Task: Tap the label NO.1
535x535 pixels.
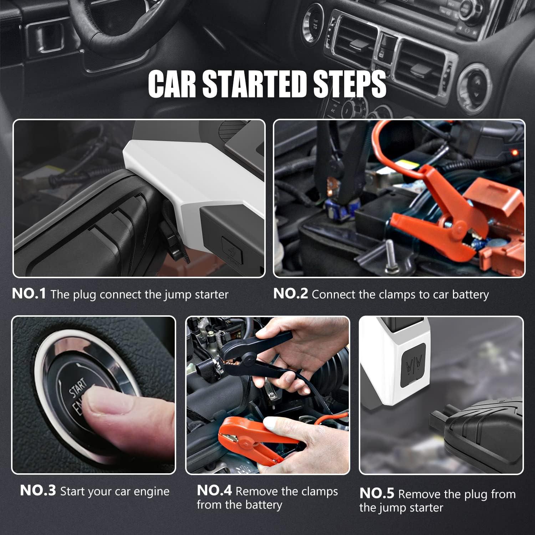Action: pyautogui.click(x=29, y=294)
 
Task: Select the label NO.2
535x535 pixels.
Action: pyautogui.click(x=290, y=294)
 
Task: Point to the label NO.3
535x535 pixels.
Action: pyautogui.click(x=38, y=491)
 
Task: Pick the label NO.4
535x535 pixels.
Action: pyautogui.click(x=214, y=491)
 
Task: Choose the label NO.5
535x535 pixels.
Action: pyautogui.click(x=377, y=493)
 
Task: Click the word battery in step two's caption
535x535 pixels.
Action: pyautogui.click(x=470, y=295)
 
